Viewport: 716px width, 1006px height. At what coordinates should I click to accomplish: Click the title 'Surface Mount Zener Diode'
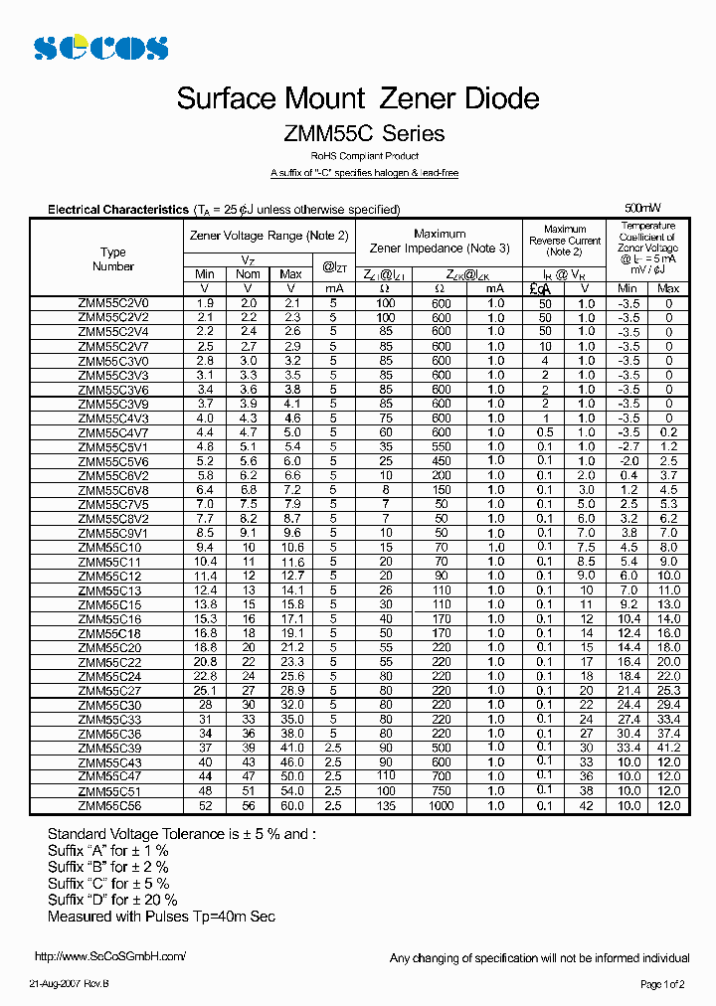[358, 98]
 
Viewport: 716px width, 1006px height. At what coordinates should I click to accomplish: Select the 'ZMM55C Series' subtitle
[364, 133]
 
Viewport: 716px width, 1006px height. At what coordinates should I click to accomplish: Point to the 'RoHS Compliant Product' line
[364, 157]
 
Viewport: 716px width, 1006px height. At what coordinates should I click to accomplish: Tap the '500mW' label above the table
[642, 208]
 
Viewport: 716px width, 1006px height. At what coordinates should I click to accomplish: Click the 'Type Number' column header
[113, 259]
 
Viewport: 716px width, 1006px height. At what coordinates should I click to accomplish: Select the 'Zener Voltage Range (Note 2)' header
[269, 236]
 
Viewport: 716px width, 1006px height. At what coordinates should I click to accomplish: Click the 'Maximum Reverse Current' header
[565, 241]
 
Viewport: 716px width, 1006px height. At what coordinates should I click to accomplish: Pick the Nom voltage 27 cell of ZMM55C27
[249, 691]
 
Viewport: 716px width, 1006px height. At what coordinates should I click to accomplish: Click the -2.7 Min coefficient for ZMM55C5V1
[628, 447]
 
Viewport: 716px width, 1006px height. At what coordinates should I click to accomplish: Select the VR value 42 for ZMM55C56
[586, 806]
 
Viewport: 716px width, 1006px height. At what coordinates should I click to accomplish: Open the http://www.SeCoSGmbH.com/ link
[110, 956]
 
